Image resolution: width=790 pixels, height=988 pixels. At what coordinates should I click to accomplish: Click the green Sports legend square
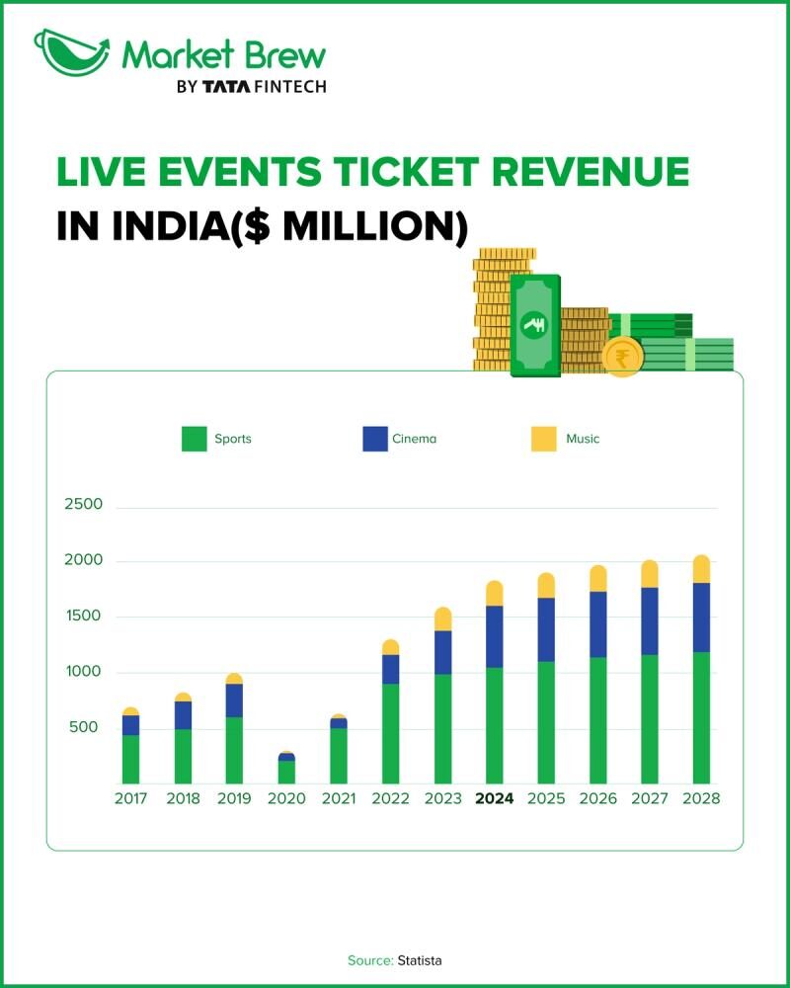tap(195, 439)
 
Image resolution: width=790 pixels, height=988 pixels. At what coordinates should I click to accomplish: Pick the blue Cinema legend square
tap(375, 439)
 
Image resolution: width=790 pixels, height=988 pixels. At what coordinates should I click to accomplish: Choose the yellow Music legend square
tap(543, 439)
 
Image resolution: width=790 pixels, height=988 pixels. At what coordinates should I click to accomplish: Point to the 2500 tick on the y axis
tap(83, 505)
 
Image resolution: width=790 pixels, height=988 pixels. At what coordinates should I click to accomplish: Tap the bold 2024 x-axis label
tap(495, 799)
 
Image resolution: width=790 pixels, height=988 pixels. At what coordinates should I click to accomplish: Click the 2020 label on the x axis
tap(286, 799)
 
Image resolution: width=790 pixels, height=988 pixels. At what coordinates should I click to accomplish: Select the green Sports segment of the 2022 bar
tap(390, 733)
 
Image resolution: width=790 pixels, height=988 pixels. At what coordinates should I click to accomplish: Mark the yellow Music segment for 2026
tap(598, 578)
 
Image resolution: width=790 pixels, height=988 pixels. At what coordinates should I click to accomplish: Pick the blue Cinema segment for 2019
tap(234, 700)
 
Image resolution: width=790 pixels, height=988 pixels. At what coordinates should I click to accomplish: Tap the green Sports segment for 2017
tap(130, 759)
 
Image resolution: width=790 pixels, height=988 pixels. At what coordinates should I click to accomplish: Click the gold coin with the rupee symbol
tap(622, 356)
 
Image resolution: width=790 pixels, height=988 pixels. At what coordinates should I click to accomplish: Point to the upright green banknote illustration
tap(535, 325)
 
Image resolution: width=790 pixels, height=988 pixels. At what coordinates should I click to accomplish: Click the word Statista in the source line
tap(420, 960)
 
